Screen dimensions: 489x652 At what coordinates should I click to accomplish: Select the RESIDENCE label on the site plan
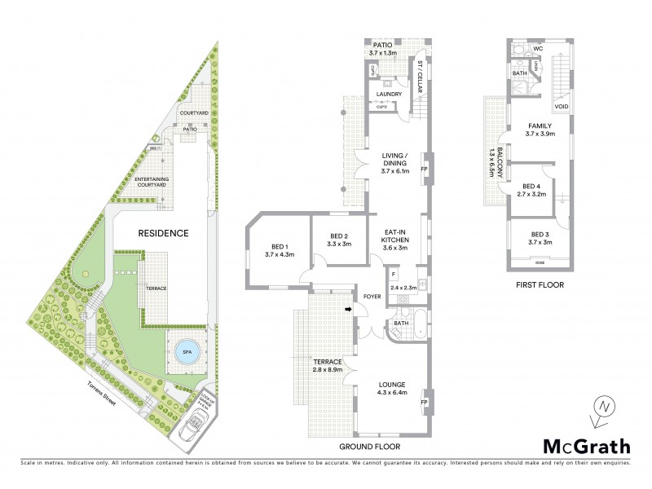click(x=163, y=233)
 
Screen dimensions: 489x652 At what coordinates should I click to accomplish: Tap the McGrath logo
click(x=587, y=446)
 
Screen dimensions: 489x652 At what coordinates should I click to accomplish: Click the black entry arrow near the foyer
click(x=348, y=309)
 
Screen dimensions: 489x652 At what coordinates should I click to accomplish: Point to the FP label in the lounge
click(x=424, y=402)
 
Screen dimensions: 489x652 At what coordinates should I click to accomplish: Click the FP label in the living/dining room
click(x=424, y=169)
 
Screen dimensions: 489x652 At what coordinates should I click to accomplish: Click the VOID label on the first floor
click(x=561, y=106)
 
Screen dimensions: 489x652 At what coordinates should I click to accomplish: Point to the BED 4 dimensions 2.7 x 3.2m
click(x=532, y=195)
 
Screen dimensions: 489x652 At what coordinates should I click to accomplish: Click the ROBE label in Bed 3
click(x=539, y=263)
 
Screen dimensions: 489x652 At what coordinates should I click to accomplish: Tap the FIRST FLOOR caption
click(x=540, y=285)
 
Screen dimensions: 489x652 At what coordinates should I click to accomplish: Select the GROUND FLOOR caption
click(x=372, y=447)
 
